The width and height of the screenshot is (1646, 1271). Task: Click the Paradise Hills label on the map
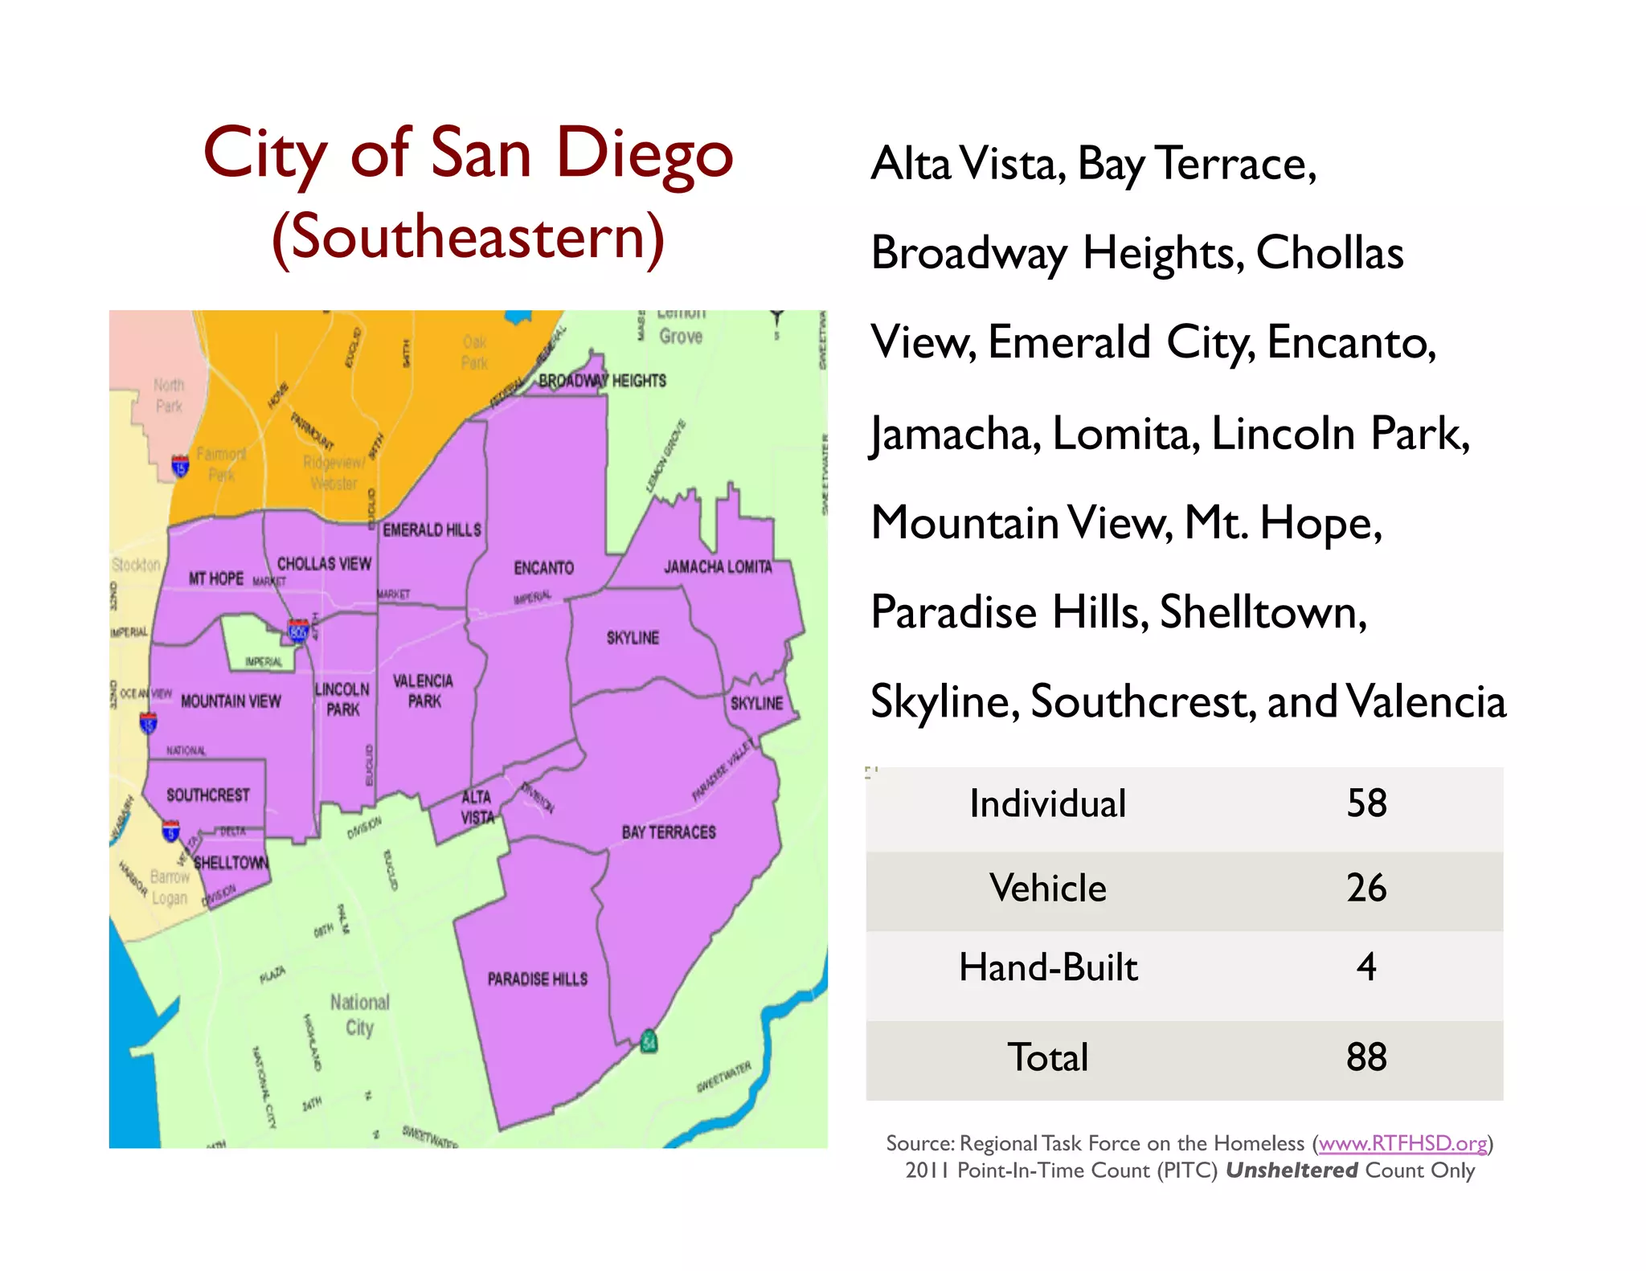[x=537, y=979]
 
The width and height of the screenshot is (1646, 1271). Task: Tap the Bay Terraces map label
[x=668, y=832]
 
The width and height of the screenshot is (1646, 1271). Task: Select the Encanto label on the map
[x=543, y=568]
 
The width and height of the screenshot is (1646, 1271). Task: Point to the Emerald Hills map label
[x=432, y=530]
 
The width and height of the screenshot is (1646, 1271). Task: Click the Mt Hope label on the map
[x=215, y=578]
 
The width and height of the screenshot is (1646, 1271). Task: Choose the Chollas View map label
[x=324, y=564]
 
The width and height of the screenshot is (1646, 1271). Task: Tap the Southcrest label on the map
[x=207, y=795]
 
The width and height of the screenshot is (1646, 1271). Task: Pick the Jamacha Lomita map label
[x=717, y=567]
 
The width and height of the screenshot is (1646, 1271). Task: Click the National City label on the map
[x=359, y=1015]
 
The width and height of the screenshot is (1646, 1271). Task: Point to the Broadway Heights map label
[x=602, y=381]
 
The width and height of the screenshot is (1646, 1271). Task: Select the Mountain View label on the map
[x=231, y=701]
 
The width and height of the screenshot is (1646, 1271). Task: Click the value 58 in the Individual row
[x=1366, y=803]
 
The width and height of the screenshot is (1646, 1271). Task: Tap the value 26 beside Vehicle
[x=1366, y=888]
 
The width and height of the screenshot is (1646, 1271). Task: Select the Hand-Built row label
[x=1048, y=967]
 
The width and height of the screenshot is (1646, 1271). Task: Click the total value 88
[x=1366, y=1057]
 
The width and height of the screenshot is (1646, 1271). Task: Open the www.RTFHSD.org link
[x=1402, y=1143]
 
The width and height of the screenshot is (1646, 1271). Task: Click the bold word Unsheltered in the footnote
[x=1292, y=1171]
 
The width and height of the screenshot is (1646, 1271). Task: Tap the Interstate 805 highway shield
[x=298, y=631]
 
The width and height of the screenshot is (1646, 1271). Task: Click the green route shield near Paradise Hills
[x=649, y=1042]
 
